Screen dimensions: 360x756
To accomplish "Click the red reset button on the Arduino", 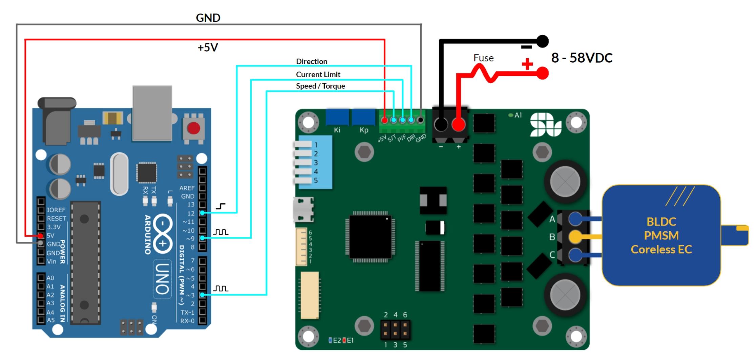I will click(193, 128).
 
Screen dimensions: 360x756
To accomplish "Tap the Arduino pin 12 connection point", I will click(202, 213).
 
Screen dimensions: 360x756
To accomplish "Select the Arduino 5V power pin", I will click(41, 235).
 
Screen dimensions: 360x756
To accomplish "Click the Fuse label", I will click(483, 58).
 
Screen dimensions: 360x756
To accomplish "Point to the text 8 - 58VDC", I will click(582, 58).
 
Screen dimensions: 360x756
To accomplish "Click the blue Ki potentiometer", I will click(337, 117).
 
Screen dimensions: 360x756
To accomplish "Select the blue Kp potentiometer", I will click(364, 117).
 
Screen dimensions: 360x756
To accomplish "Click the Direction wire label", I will click(312, 61).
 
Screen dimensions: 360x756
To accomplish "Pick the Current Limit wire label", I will click(318, 74).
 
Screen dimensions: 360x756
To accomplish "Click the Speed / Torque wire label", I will click(320, 86).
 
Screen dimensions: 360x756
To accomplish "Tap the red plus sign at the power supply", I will click(527, 64).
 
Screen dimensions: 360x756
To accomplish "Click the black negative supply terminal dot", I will click(542, 41).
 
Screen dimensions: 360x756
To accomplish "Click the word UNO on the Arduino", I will click(162, 278).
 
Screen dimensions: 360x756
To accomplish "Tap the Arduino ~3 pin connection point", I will click(202, 295).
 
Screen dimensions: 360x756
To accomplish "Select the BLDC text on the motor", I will click(661, 221).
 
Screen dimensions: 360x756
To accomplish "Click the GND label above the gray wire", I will click(208, 18).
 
